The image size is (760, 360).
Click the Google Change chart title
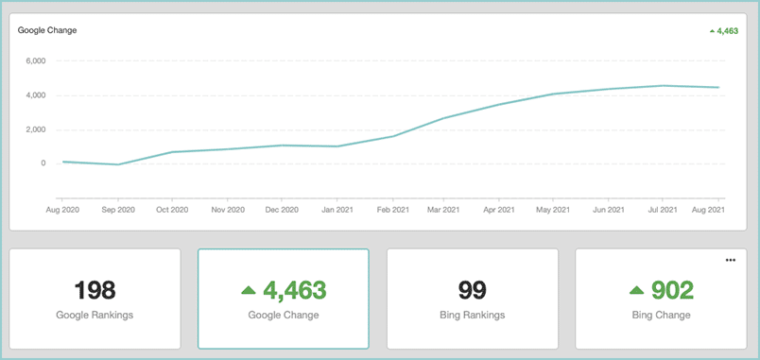[47, 30]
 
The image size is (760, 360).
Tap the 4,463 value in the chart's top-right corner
[728, 31]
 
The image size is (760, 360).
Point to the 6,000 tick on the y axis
[36, 61]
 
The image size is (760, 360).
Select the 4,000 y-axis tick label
[36, 95]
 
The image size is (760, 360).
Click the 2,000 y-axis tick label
[36, 129]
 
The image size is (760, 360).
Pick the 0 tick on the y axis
[43, 163]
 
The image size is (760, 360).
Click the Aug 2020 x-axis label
[62, 211]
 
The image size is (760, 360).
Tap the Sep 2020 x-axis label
[117, 211]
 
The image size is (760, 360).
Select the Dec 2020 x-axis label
[282, 211]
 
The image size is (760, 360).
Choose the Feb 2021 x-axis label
[392, 211]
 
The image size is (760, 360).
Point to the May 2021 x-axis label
[553, 211]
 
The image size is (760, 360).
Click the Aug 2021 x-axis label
[708, 211]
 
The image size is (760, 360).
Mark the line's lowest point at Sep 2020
[118, 164]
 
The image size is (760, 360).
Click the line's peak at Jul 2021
[664, 86]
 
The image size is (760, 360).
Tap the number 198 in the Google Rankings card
[95, 290]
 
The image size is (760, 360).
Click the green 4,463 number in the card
[295, 290]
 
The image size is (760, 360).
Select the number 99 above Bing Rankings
[472, 290]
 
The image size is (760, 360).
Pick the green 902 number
[673, 290]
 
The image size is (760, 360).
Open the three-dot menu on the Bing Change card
[731, 260]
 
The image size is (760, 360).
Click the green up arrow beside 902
[637, 291]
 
